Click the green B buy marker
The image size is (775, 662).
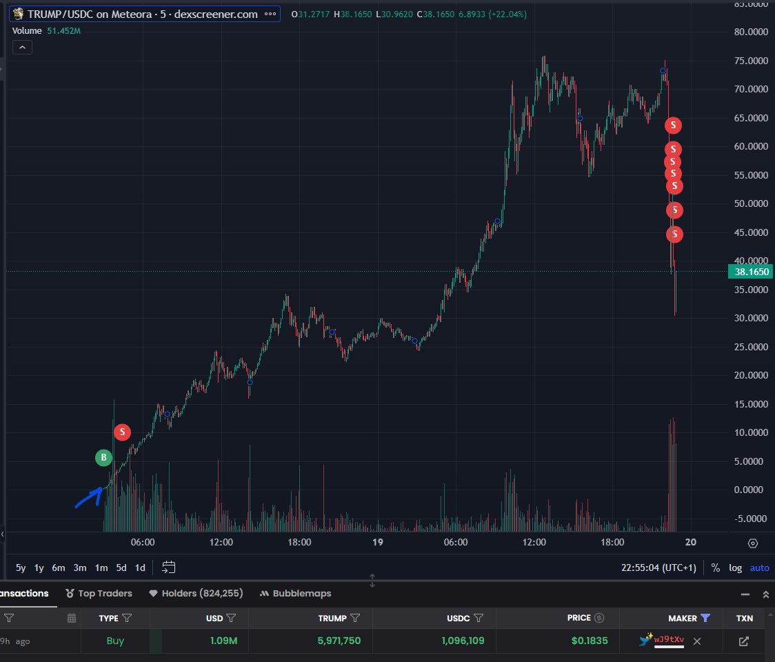pyautogui.click(x=103, y=457)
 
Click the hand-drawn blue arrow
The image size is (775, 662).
pyautogui.click(x=88, y=497)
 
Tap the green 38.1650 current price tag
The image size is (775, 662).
pyautogui.click(x=751, y=272)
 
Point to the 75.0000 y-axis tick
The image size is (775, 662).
pyautogui.click(x=751, y=61)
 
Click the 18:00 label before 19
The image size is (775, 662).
pyautogui.click(x=299, y=543)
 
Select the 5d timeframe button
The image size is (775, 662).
pyautogui.click(x=121, y=568)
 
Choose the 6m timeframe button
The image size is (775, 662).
pyautogui.click(x=59, y=568)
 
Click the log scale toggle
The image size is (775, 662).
pyautogui.click(x=736, y=568)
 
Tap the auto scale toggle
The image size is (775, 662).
pyautogui.click(x=759, y=568)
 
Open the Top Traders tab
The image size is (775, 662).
pyautogui.click(x=99, y=593)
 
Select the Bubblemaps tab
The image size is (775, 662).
pyautogui.click(x=296, y=593)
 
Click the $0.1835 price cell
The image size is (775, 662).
pyautogui.click(x=589, y=641)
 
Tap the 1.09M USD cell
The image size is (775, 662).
pyautogui.click(x=223, y=641)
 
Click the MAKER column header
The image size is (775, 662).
pyautogui.click(x=683, y=618)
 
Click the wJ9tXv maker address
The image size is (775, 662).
pyautogui.click(x=669, y=641)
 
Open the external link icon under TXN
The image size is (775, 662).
pyautogui.click(x=743, y=641)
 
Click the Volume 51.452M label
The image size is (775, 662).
pyautogui.click(x=45, y=31)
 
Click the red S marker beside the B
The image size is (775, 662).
pyautogui.click(x=122, y=432)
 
